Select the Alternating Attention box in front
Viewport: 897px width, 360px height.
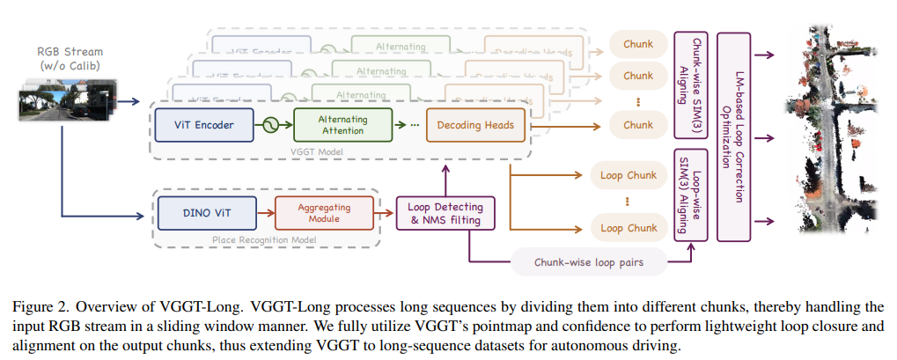point(342,125)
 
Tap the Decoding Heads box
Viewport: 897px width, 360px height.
point(475,125)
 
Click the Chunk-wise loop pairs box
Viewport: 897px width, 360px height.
point(588,261)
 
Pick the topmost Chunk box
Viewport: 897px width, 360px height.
point(637,44)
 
